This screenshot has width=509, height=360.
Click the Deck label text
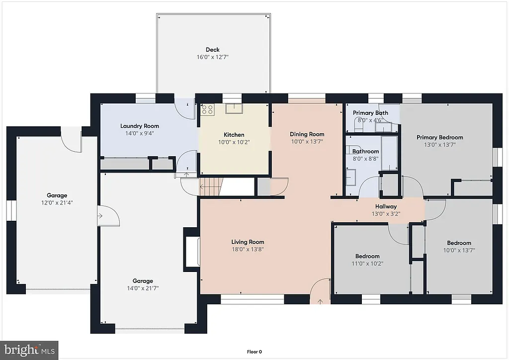pos(212,50)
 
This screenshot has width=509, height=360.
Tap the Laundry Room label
pos(139,126)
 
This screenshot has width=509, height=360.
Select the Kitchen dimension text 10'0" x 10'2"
pos(234,142)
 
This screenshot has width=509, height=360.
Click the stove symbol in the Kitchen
pos(207,109)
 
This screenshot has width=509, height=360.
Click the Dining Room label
pos(307,134)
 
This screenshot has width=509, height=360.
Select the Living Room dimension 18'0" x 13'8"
pos(247,250)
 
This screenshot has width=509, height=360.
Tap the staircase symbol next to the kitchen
pos(211,187)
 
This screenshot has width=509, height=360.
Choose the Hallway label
pos(386,206)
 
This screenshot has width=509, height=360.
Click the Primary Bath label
pos(370,113)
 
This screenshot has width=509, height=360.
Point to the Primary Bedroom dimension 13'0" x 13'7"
pos(439,145)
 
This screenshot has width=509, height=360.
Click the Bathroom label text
pos(365,152)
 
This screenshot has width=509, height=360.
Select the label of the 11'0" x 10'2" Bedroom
pos(367,257)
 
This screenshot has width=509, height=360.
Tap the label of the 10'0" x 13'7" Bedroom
pos(458,243)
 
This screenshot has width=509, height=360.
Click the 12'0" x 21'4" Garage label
pos(57,195)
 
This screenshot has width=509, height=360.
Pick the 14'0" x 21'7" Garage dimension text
pos(142,288)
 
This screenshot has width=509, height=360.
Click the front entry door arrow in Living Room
pos(319,300)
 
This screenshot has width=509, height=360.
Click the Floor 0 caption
pos(254,352)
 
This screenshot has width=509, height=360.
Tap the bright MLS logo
pos(29,350)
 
